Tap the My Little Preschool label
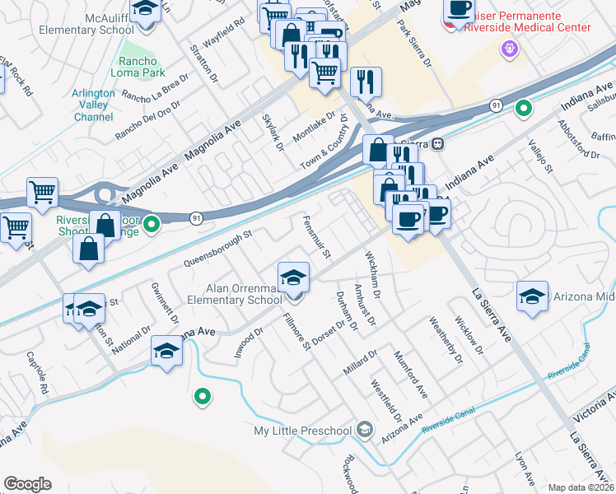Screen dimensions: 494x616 click(x=303, y=431)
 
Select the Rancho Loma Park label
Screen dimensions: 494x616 click(x=142, y=67)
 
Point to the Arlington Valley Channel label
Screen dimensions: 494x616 click(x=93, y=105)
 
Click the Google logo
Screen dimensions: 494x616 click(x=27, y=483)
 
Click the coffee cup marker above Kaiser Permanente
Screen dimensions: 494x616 click(x=460, y=11)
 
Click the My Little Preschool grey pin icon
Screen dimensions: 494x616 click(x=364, y=430)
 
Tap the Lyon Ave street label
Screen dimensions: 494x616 click(x=522, y=465)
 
